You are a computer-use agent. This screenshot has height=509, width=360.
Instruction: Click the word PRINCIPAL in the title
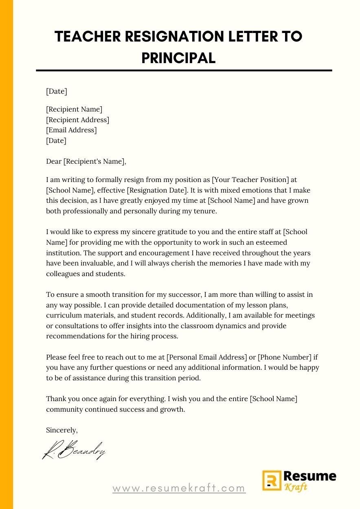pos(178,58)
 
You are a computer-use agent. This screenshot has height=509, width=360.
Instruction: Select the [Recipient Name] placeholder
pos(74,109)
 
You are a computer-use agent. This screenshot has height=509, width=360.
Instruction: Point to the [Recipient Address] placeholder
pos(77,120)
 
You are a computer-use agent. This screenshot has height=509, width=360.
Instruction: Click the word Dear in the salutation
pos(53,162)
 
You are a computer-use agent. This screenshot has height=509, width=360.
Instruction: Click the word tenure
pos(206,211)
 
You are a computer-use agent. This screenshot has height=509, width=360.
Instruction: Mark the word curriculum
pos(63,316)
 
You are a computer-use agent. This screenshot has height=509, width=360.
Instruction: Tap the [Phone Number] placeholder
pos(285,358)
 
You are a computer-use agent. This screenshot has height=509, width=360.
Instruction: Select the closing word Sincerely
pos(61,430)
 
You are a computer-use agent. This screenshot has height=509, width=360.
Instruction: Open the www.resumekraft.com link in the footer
pos(179,488)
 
